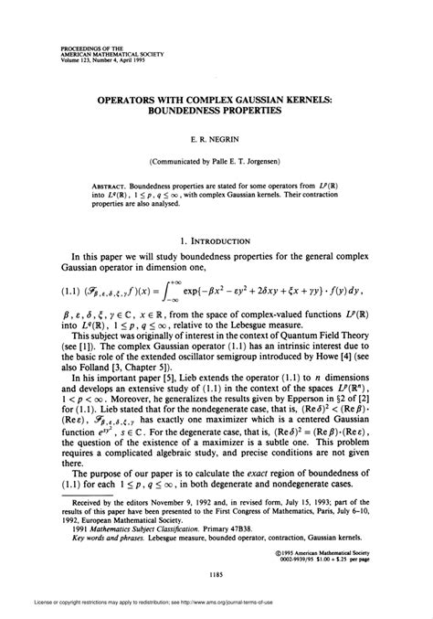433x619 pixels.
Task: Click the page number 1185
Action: coord(216,573)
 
